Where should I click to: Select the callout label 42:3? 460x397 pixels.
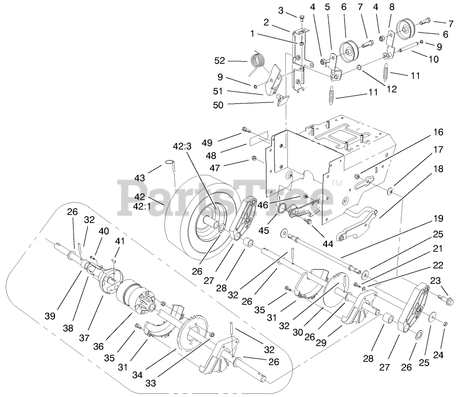coord(182,147)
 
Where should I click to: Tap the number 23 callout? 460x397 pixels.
coord(435,280)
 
